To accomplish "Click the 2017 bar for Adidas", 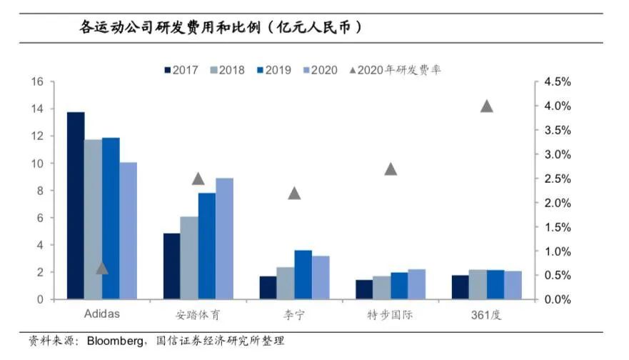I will click(76, 206).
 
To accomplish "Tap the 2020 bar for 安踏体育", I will click(224, 239).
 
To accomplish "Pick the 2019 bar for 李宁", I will click(283, 274).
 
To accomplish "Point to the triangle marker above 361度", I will click(487, 106).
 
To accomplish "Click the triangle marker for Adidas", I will click(102, 269).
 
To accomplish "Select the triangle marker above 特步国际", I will click(391, 169).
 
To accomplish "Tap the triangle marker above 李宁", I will click(294, 194).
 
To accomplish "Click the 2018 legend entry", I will click(226, 70).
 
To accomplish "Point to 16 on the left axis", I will click(37, 82).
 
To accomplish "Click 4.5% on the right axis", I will click(557, 82).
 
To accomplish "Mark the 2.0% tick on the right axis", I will click(557, 203).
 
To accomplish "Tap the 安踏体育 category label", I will click(198, 315).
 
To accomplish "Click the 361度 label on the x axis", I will click(486, 315).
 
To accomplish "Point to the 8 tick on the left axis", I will click(40, 191).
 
